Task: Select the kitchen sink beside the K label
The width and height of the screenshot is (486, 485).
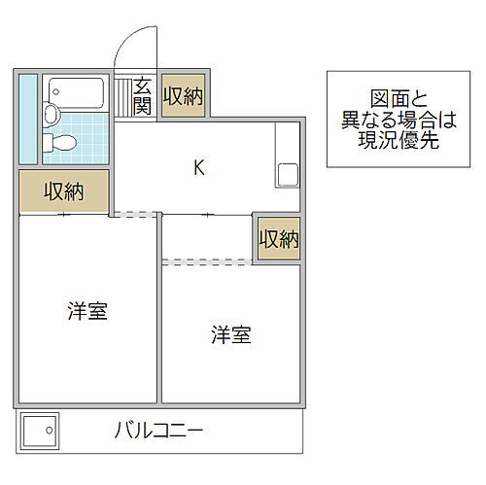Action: point(289,176)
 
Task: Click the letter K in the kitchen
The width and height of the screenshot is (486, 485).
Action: point(198,167)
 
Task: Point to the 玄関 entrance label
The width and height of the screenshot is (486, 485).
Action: point(143,95)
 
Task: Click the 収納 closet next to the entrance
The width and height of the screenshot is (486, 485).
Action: point(183,95)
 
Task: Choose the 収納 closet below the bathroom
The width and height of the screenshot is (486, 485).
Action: point(63,191)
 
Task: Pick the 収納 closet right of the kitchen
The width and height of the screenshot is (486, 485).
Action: point(278,238)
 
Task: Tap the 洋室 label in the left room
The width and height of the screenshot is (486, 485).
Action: point(87,313)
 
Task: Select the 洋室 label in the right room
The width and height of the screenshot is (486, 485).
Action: point(230,335)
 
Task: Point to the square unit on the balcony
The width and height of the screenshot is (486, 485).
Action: point(40,428)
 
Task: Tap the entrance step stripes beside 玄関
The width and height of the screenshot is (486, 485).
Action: point(123,95)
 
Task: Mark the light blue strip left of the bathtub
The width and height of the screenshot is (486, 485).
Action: point(28,118)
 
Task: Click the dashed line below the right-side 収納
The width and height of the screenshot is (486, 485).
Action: point(207,260)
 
